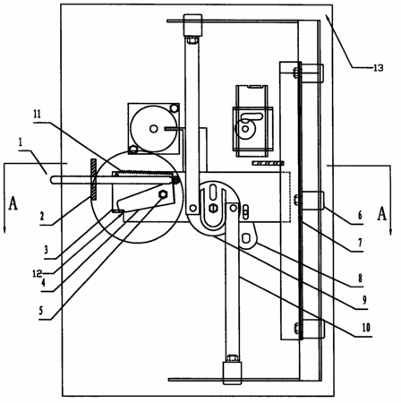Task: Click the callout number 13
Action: coord(378,68)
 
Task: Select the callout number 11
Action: coord(37,115)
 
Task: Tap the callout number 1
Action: coord(21,142)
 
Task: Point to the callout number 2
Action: coord(42,216)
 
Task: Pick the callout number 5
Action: coord(41,311)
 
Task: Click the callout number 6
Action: coord(360,215)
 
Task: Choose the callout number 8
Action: coord(360,279)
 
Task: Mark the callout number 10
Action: coord(366,328)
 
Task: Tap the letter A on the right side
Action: coord(382,214)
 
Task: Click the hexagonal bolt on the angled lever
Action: coord(163,194)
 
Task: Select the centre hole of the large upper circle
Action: coord(154,129)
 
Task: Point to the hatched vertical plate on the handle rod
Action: coord(93,179)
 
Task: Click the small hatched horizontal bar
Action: coord(268,163)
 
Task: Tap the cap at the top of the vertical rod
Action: coord(192,25)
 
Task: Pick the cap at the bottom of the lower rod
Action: coord(232,373)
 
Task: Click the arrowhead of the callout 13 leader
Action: coord(328,17)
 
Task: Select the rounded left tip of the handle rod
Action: coord(53,180)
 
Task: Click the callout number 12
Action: coord(38,274)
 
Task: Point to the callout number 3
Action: coord(46,250)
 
